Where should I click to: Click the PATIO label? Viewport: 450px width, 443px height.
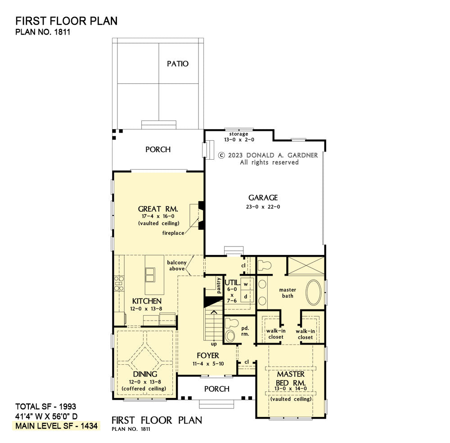click(x=178, y=64)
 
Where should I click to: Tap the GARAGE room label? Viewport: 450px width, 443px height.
click(x=263, y=198)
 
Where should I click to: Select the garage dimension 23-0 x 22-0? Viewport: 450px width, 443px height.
click(x=263, y=206)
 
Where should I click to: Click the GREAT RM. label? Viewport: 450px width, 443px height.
click(x=158, y=209)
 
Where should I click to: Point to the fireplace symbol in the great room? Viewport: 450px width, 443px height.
click(x=198, y=215)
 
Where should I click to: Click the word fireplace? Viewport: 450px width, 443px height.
click(x=173, y=233)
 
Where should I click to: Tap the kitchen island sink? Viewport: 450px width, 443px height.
click(x=150, y=275)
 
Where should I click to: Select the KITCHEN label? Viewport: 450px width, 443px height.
click(x=147, y=301)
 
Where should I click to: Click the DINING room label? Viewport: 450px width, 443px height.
click(x=145, y=374)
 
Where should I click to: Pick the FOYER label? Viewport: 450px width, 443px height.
click(x=208, y=355)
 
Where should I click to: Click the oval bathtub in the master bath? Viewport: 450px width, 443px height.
click(x=314, y=293)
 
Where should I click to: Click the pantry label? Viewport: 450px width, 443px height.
click(x=219, y=285)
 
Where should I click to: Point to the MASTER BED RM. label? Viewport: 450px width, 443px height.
click(x=291, y=379)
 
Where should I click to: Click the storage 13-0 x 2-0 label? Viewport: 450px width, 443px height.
click(x=239, y=137)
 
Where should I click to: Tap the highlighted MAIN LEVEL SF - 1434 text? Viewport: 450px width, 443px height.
click(x=57, y=426)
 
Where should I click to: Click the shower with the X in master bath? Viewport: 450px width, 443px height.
click(x=306, y=266)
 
